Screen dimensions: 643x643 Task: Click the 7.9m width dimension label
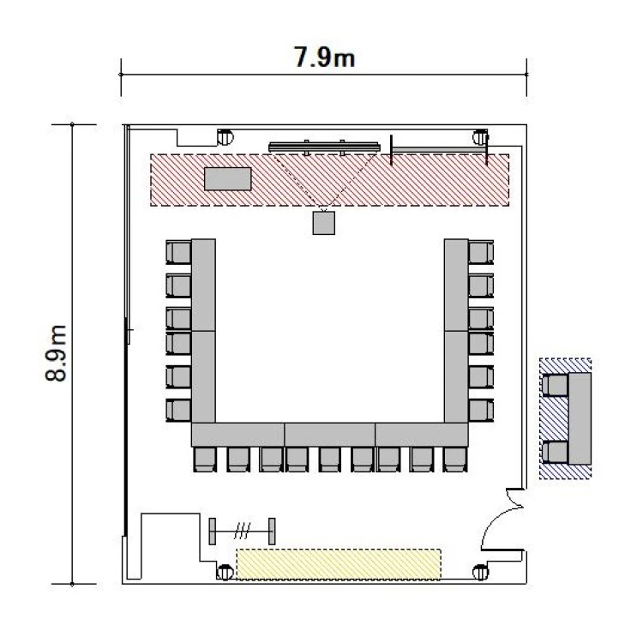(324, 57)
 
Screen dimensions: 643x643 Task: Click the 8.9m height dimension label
(56, 353)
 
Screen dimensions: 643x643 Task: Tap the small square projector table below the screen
(324, 223)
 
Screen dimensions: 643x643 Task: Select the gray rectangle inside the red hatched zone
(228, 179)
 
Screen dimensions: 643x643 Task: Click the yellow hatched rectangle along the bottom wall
(339, 564)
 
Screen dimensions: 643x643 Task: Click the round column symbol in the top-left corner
(225, 137)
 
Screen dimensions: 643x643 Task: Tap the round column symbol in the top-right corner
(480, 137)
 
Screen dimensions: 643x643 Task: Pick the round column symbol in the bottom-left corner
(225, 572)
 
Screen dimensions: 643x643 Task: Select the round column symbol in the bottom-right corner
(480, 572)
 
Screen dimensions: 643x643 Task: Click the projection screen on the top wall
(324, 147)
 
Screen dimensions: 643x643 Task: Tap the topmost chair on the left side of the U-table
(178, 252)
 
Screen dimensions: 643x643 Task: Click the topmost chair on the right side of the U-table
(481, 252)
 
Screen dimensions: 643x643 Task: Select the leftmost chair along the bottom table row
(205, 460)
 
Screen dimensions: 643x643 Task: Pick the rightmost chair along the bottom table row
(454, 460)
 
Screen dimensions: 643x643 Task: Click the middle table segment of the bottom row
(330, 435)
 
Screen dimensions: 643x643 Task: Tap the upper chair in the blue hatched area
(555, 385)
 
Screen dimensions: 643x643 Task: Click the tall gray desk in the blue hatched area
(580, 418)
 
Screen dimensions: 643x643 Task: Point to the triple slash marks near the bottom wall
(242, 531)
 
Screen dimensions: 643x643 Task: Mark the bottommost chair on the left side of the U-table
(178, 410)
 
